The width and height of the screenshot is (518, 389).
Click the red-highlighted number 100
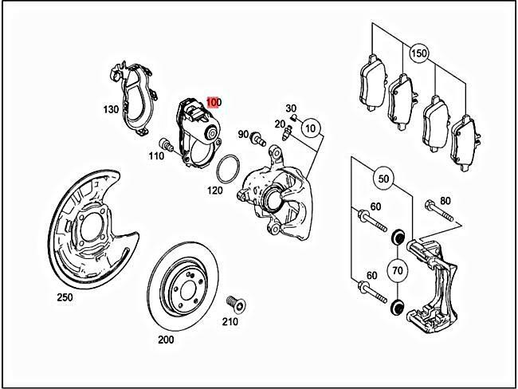click(214, 102)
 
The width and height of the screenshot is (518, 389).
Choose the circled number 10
click(310, 128)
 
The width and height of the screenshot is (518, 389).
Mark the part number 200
click(166, 340)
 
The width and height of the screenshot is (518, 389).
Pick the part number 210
click(230, 322)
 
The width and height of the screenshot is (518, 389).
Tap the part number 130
click(110, 108)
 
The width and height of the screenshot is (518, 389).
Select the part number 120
click(215, 191)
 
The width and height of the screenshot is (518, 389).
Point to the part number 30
click(291, 108)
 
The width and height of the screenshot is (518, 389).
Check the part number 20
click(279, 124)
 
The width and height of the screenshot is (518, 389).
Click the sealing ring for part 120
click(229, 168)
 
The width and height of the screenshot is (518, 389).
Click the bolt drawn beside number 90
click(259, 140)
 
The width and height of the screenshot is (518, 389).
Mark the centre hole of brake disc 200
click(183, 284)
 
